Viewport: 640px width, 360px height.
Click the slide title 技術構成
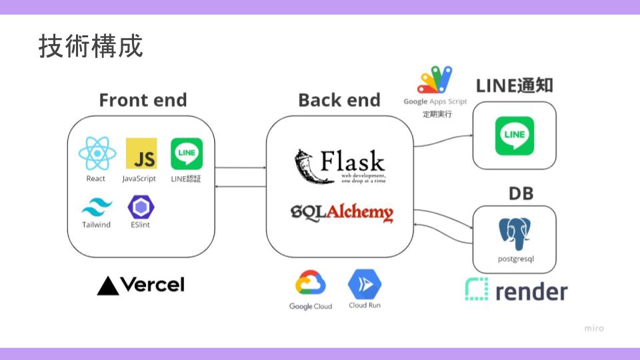pos(91,47)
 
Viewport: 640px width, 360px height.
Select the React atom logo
pos(97,154)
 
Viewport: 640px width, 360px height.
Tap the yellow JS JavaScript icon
pos(141,154)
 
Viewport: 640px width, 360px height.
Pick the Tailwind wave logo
pos(97,207)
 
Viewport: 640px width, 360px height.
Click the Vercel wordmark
pos(141,285)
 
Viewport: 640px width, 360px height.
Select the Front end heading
pos(143,100)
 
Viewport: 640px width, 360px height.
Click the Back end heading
pos(339,100)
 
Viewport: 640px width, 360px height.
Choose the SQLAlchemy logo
pos(341,212)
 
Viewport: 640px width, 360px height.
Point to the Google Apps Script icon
pos(435,80)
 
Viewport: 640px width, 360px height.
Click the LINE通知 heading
pos(514,85)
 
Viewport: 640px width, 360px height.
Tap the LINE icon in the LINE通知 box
pos(514,136)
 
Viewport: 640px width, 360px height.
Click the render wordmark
pos(517,291)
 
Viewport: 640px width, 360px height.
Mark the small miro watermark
pos(594,328)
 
